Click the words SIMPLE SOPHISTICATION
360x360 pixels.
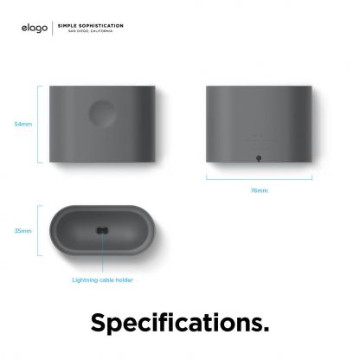tap(90, 25)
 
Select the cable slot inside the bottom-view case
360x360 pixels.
tap(102, 230)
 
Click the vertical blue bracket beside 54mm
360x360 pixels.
tap(40, 124)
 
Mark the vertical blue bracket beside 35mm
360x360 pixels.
tap(40, 231)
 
